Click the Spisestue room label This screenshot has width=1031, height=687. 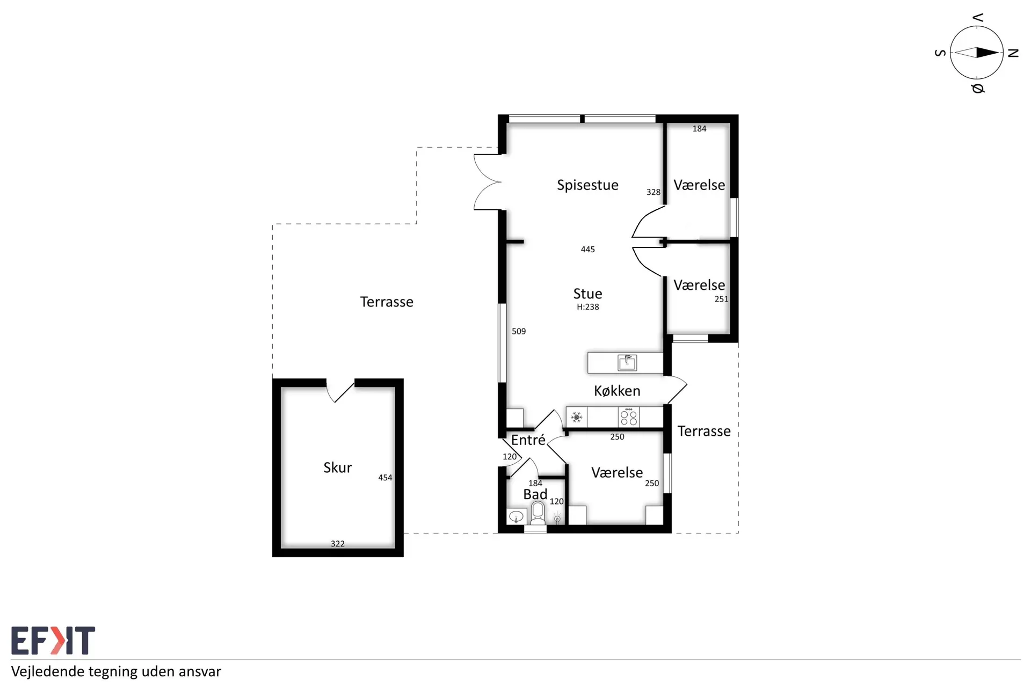587,185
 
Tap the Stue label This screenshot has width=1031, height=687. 587,294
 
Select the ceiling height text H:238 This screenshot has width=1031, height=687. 588,307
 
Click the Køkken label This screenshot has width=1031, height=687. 617,391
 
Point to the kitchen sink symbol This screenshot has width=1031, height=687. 627,363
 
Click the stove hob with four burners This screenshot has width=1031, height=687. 629,417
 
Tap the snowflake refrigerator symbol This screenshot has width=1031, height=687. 576,417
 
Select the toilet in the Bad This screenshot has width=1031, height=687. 538,513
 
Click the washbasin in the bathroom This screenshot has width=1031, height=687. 516,517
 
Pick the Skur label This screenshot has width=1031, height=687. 337,467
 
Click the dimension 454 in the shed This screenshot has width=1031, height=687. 385,478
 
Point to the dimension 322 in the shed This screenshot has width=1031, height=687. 338,544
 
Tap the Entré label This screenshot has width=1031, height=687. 528,440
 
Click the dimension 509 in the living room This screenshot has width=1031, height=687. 519,332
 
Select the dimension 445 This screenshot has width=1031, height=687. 588,250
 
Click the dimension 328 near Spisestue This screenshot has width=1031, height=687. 654,192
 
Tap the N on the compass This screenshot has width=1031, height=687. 1013,53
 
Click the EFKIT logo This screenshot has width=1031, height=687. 53,640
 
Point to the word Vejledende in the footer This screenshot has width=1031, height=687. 47,672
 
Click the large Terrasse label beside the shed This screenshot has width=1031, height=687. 387,302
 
